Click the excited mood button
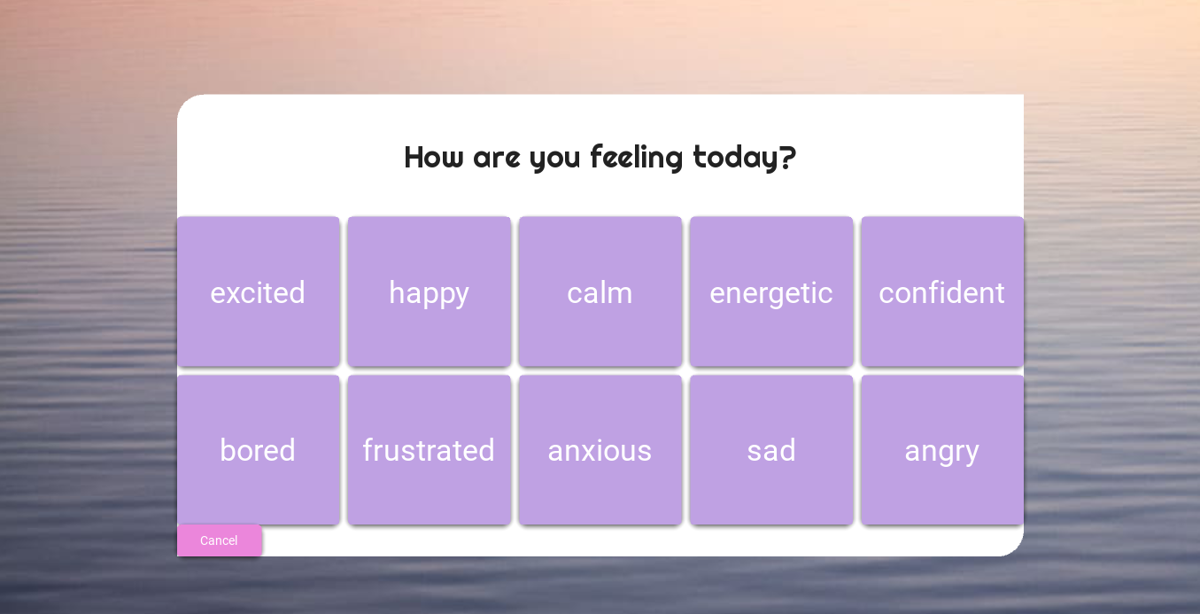click(259, 291)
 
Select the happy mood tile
click(430, 291)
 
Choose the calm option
click(600, 291)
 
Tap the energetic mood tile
click(771, 291)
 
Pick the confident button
click(942, 291)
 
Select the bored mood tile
click(259, 449)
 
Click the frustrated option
click(430, 449)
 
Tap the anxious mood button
click(600, 449)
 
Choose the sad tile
click(771, 449)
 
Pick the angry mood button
click(942, 449)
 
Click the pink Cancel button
click(220, 540)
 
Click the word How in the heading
click(434, 157)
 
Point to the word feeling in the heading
click(637, 158)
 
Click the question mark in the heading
click(787, 157)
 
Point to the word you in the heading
click(555, 160)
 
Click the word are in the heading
click(497, 159)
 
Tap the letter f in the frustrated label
click(369, 449)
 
